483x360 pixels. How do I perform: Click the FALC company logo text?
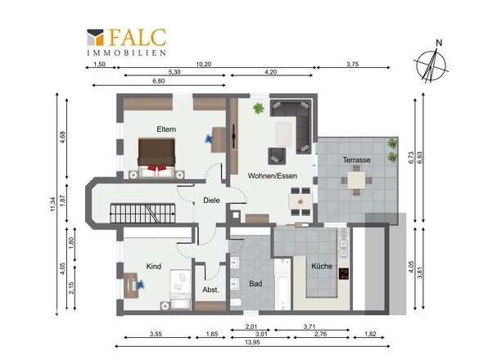coord(138,38)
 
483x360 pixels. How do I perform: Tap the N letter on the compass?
coord(439,43)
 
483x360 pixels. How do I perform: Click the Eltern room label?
coord(166,129)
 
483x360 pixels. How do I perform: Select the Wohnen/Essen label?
coord(273,176)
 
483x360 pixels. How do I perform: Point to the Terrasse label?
coord(357,160)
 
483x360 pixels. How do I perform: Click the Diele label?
coord(212,200)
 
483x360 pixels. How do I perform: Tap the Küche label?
coord(322,266)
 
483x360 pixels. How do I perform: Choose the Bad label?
coord(255,284)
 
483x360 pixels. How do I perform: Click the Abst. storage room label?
coord(210,290)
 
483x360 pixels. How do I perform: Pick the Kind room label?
coord(154,267)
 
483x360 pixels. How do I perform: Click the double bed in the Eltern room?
coord(157,158)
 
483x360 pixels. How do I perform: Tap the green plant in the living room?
coord(259,108)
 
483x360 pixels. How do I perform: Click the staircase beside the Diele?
coord(142,213)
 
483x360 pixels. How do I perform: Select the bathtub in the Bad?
coord(282,284)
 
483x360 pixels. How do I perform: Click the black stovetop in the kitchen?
coord(344,274)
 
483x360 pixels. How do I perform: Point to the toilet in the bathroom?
coord(236,302)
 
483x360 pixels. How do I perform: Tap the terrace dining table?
coord(357,180)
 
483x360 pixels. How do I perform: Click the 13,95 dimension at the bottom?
coord(252,342)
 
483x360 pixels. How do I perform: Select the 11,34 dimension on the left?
coord(52,204)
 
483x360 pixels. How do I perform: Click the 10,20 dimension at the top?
coord(204,64)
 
